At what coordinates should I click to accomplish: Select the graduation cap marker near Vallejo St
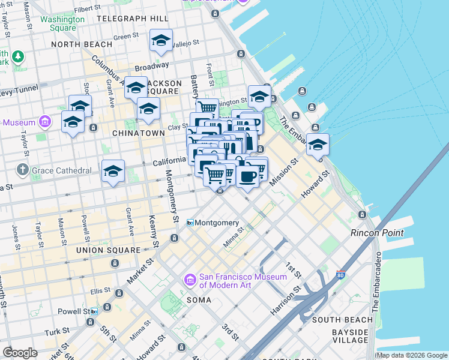pyautogui.click(x=161, y=41)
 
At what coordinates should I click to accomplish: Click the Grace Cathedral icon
pyautogui.click(x=23, y=170)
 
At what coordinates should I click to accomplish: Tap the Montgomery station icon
pyautogui.click(x=190, y=223)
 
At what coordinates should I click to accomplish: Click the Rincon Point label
pyautogui.click(x=377, y=233)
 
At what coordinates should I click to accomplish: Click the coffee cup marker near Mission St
pyautogui.click(x=247, y=176)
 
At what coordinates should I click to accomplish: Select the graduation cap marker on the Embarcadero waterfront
pyautogui.click(x=318, y=145)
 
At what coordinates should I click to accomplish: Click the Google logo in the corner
pyautogui.click(x=20, y=353)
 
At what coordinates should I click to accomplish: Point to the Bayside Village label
pyautogui.click(x=349, y=336)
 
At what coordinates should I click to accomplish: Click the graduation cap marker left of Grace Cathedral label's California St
pyautogui.click(x=113, y=172)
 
